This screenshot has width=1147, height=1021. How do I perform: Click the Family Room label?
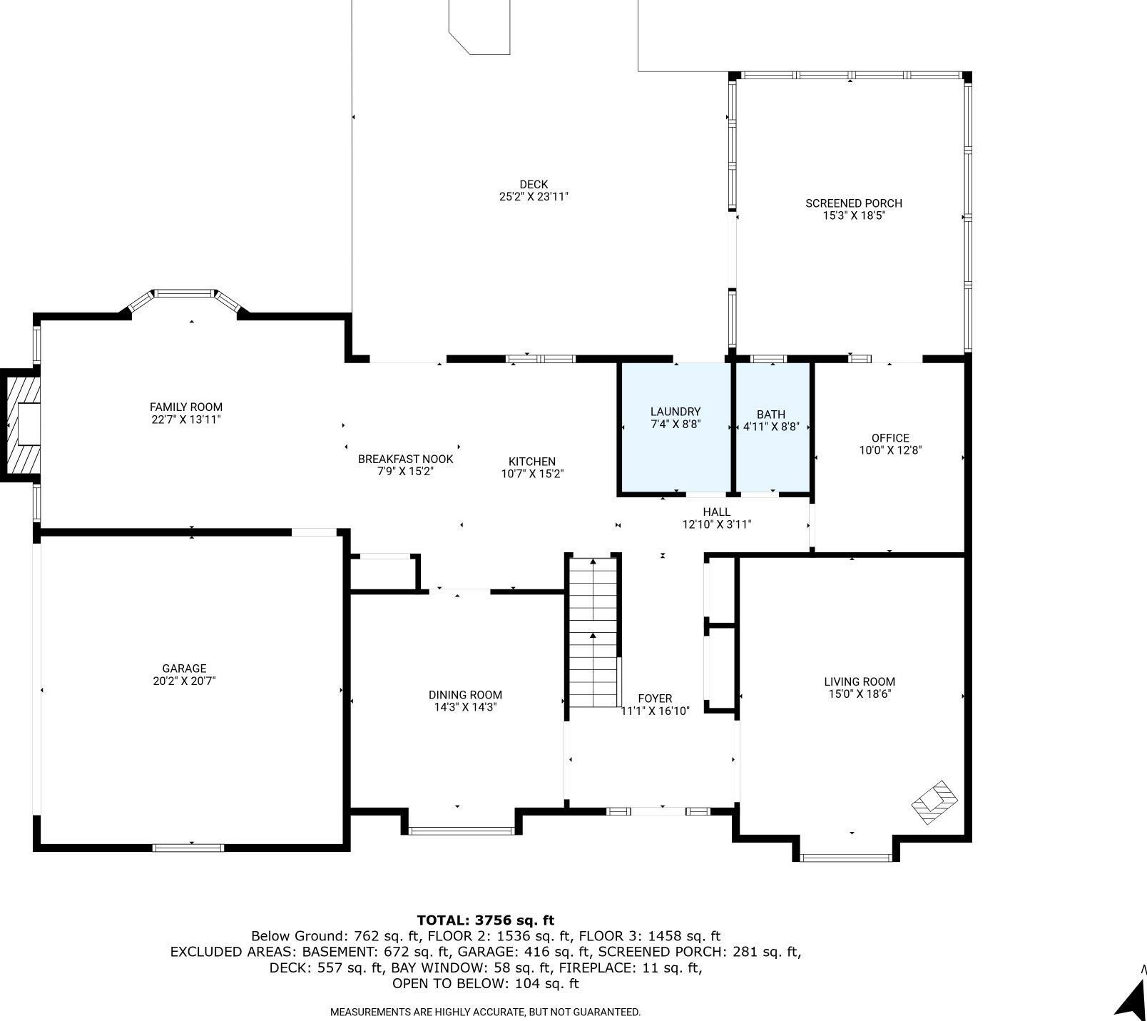point(185,407)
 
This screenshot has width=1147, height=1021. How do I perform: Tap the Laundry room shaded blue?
point(675,427)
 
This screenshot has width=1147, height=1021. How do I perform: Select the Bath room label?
point(770,414)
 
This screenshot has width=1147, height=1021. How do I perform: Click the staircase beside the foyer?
point(593,631)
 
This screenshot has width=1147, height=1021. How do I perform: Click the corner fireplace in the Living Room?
point(934,802)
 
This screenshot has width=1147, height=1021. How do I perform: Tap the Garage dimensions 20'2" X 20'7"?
point(184,681)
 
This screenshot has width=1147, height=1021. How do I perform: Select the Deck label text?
point(534,184)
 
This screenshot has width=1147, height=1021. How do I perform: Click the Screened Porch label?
point(854,203)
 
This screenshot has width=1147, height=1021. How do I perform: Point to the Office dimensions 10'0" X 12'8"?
point(890,450)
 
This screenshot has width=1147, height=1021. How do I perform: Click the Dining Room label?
point(465,695)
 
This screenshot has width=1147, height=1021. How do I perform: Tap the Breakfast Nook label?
point(405,459)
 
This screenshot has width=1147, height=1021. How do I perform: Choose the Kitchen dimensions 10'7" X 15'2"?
point(532,473)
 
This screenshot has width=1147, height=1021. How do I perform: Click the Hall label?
point(716,512)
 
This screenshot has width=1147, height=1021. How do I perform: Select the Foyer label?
point(655,699)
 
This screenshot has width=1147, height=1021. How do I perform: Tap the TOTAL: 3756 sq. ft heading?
point(485,920)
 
